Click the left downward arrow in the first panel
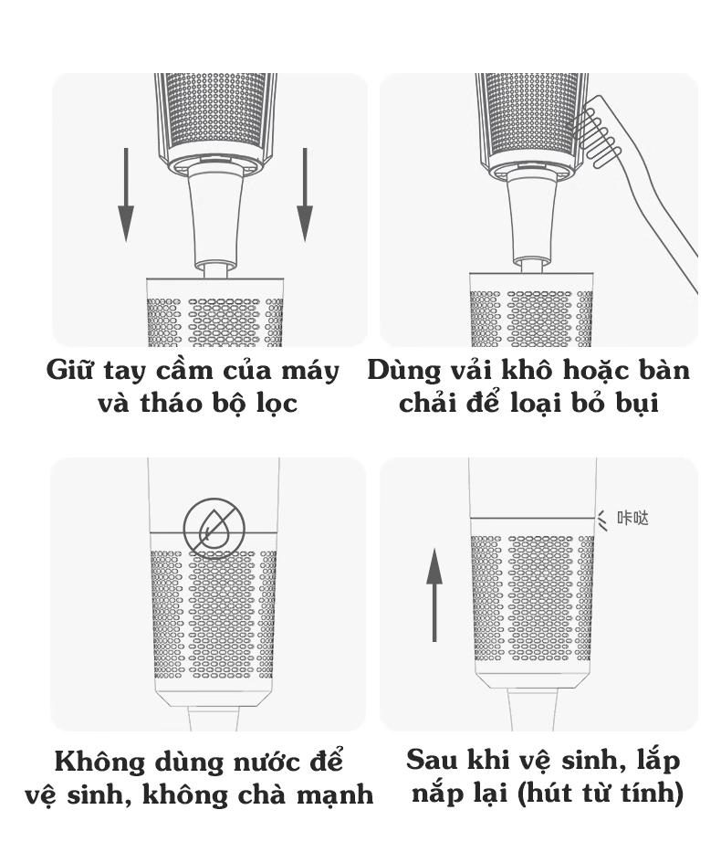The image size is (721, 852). tap(126, 195)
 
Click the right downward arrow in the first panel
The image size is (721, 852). tap(305, 195)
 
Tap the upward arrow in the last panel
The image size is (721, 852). tap(434, 595)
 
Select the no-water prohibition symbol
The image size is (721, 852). tap(214, 528)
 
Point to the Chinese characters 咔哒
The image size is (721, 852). tap(633, 518)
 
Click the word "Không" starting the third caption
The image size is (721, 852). tap(100, 762)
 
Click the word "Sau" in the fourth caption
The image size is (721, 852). tap(430, 760)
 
